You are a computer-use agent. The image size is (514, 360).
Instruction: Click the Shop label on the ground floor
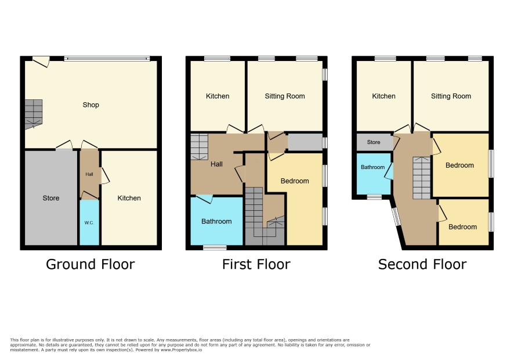click(91, 105)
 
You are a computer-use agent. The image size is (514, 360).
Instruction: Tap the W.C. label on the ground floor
click(89, 223)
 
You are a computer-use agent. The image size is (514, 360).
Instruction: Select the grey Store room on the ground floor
click(51, 197)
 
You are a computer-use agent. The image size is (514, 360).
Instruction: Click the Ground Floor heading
click(90, 264)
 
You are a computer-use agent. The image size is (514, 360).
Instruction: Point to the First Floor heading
click(256, 264)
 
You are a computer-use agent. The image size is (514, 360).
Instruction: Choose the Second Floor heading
click(422, 264)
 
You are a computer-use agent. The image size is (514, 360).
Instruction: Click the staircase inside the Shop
click(34, 114)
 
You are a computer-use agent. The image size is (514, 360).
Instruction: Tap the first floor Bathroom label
click(216, 221)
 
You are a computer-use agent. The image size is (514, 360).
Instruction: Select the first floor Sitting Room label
click(285, 96)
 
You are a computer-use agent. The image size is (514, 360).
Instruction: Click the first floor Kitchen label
click(218, 96)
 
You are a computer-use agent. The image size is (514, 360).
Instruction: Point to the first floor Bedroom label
click(295, 181)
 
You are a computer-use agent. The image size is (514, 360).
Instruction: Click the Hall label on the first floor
click(216, 164)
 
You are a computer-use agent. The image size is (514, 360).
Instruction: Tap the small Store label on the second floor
click(374, 142)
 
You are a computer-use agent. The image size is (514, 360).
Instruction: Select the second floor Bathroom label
click(372, 167)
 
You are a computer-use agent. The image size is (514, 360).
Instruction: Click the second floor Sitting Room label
click(451, 96)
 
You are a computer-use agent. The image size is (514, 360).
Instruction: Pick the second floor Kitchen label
click(384, 96)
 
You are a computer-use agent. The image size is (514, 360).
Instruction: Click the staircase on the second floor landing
click(421, 178)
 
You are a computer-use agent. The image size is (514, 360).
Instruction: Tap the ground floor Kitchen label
click(129, 198)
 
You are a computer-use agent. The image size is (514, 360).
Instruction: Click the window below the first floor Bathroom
click(215, 247)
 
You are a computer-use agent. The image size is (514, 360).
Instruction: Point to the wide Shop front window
click(107, 59)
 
